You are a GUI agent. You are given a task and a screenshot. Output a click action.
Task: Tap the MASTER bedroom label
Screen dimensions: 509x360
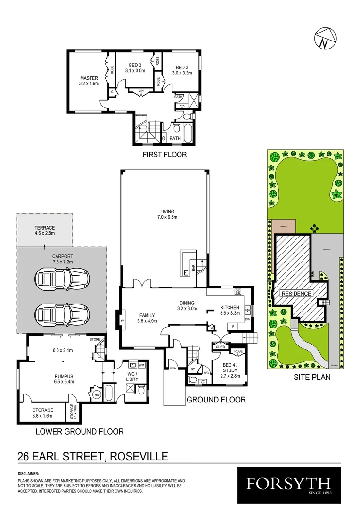click(x=89, y=82)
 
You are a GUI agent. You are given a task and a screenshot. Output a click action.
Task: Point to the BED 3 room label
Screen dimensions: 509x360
click(x=182, y=70)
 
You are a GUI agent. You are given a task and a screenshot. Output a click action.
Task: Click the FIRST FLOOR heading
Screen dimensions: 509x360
click(x=165, y=155)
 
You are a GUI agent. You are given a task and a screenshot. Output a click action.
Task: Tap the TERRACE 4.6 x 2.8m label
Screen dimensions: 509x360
click(x=45, y=230)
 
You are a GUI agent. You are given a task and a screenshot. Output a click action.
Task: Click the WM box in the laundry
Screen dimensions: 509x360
click(x=141, y=365)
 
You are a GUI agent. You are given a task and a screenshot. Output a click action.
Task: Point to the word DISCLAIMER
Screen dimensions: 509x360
click(x=28, y=473)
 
